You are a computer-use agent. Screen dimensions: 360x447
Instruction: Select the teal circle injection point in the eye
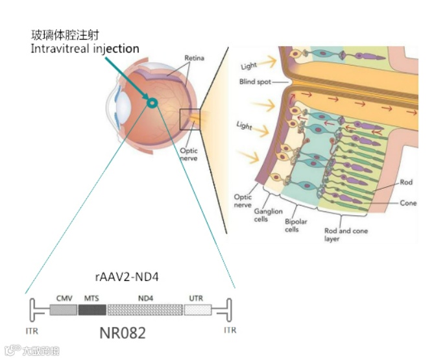[152, 102]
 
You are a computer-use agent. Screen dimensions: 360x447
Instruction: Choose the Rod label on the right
[407, 183]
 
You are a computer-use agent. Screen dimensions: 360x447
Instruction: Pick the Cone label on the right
[408, 203]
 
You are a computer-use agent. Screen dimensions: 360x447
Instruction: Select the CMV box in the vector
[63, 309]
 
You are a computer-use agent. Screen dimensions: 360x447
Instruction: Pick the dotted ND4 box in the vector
[145, 309]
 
